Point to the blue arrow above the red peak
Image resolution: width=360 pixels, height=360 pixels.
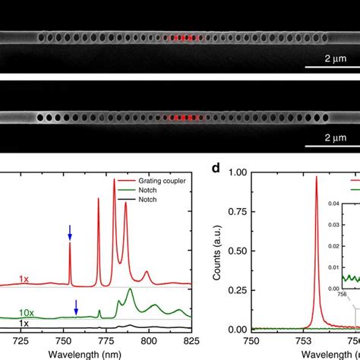click(70, 232)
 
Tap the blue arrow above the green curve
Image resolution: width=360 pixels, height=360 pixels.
click(76, 306)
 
